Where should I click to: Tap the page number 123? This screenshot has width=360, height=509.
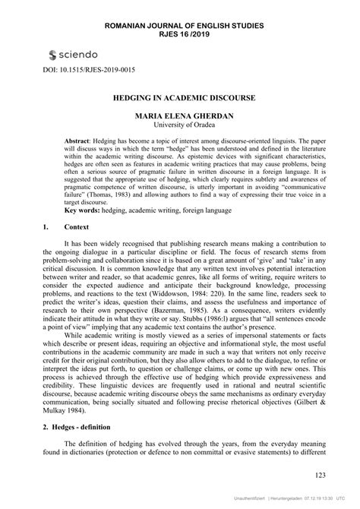tap(318, 476)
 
